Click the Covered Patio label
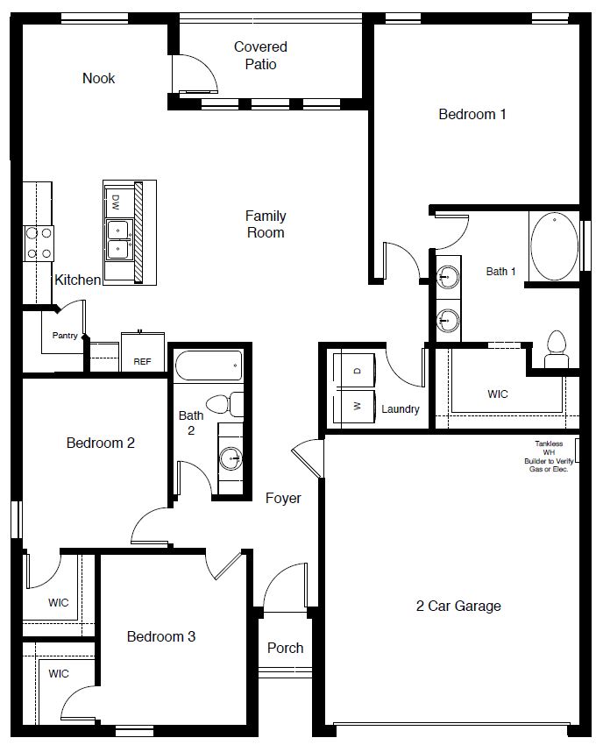260,55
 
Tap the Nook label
98,78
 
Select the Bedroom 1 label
472,114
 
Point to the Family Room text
266,223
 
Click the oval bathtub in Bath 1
554,245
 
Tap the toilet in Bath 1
556,350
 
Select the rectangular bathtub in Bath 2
208,364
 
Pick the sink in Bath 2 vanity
230,458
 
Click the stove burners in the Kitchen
39,243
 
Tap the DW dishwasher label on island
115,202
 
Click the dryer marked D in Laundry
355,371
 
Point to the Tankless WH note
549,457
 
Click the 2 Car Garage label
458,606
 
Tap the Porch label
285,648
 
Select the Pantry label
64,335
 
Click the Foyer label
283,498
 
